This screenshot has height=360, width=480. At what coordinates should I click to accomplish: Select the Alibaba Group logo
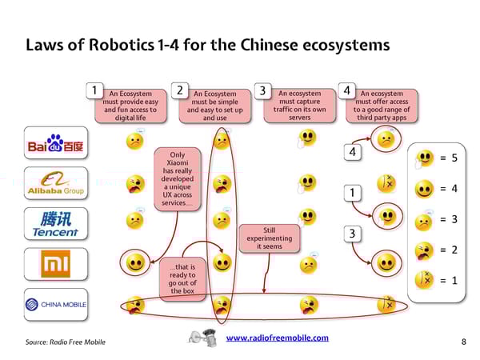(55, 184)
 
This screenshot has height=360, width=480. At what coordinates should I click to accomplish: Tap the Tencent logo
(55, 223)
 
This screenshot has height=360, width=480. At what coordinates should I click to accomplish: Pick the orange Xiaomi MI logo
(55, 263)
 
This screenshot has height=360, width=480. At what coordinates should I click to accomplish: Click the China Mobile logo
(55, 304)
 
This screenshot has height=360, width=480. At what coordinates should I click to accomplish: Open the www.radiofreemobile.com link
(277, 338)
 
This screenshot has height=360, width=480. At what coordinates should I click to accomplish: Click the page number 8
(464, 342)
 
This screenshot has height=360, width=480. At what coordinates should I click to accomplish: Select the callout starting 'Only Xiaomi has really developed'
(177, 179)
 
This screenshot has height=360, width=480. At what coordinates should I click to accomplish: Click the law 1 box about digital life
(130, 106)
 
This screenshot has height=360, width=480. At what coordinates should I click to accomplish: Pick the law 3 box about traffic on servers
(299, 105)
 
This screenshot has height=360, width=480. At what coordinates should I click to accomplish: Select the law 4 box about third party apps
(382, 105)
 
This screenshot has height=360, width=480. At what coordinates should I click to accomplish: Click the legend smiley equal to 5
(426, 158)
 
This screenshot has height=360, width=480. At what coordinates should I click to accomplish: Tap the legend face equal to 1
(426, 280)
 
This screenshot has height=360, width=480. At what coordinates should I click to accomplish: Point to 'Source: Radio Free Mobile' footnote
(66, 342)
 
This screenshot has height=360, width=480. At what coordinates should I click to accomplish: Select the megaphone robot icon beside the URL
(206, 337)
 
